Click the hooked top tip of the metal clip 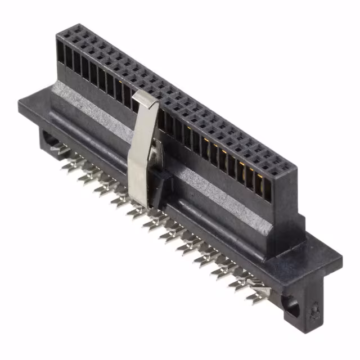point(145,97)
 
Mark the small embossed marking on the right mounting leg point(315,310)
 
